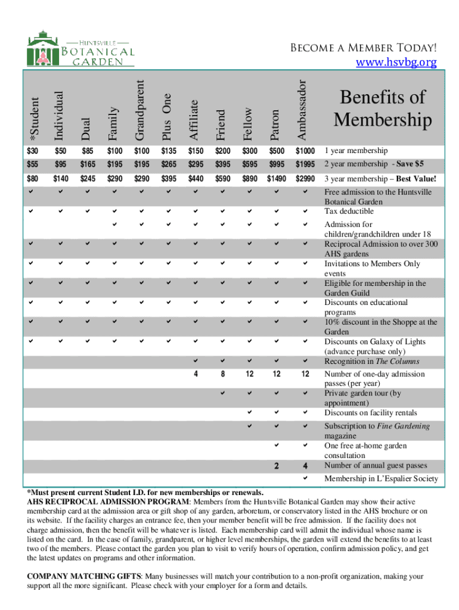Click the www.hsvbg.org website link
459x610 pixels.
(x=396, y=62)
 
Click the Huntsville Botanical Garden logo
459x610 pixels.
(x=80, y=49)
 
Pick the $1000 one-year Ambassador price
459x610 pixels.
(x=305, y=151)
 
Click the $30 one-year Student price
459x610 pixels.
(x=32, y=151)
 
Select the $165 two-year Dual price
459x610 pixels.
(x=87, y=164)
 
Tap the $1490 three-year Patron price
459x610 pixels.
(x=277, y=178)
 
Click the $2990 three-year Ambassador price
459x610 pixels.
(x=305, y=178)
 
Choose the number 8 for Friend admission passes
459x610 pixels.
(x=222, y=374)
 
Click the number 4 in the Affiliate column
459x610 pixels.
(x=196, y=374)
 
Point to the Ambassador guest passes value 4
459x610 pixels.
(x=305, y=466)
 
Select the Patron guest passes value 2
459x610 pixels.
(x=277, y=466)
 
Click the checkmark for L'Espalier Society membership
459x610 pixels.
(x=305, y=478)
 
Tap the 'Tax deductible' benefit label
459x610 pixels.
(x=349, y=211)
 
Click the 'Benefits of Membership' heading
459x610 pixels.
(x=382, y=108)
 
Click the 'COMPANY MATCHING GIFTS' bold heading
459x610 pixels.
(x=83, y=577)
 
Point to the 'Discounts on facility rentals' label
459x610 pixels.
(x=370, y=413)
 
